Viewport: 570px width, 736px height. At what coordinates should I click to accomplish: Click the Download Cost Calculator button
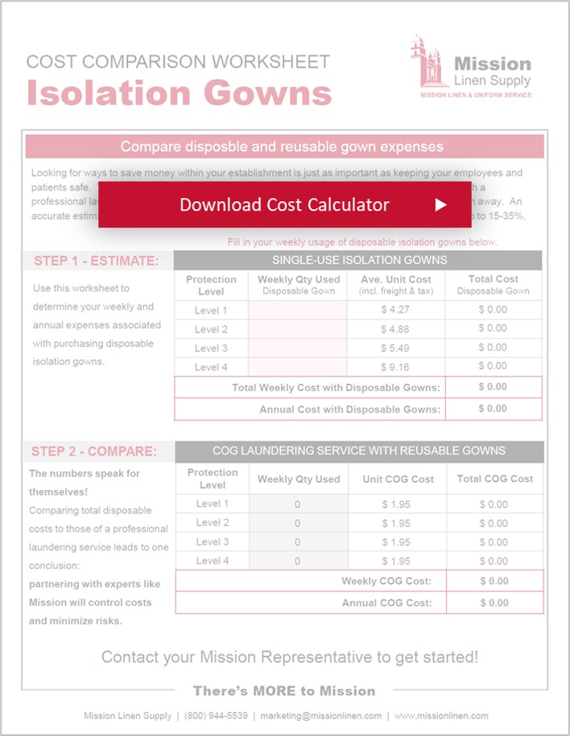[x=284, y=204]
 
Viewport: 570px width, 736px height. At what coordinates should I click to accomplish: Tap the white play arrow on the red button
[x=440, y=204]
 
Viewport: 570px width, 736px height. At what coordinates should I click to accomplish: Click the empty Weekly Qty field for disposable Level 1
[x=299, y=310]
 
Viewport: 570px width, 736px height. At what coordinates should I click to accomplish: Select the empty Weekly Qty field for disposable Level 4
[x=299, y=366]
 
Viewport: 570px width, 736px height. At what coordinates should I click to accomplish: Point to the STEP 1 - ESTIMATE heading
[x=97, y=261]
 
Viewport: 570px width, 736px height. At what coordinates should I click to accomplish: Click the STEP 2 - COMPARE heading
[x=94, y=450]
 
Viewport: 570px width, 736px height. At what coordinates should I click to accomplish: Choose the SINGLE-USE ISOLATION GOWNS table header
[x=359, y=260]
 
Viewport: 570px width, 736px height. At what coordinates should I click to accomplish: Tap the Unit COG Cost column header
[x=397, y=479]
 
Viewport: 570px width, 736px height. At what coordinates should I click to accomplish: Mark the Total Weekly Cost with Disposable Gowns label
[x=336, y=388]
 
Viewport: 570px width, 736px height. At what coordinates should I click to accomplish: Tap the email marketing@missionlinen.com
[x=320, y=716]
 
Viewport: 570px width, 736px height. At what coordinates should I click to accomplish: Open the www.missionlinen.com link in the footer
[x=441, y=716]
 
